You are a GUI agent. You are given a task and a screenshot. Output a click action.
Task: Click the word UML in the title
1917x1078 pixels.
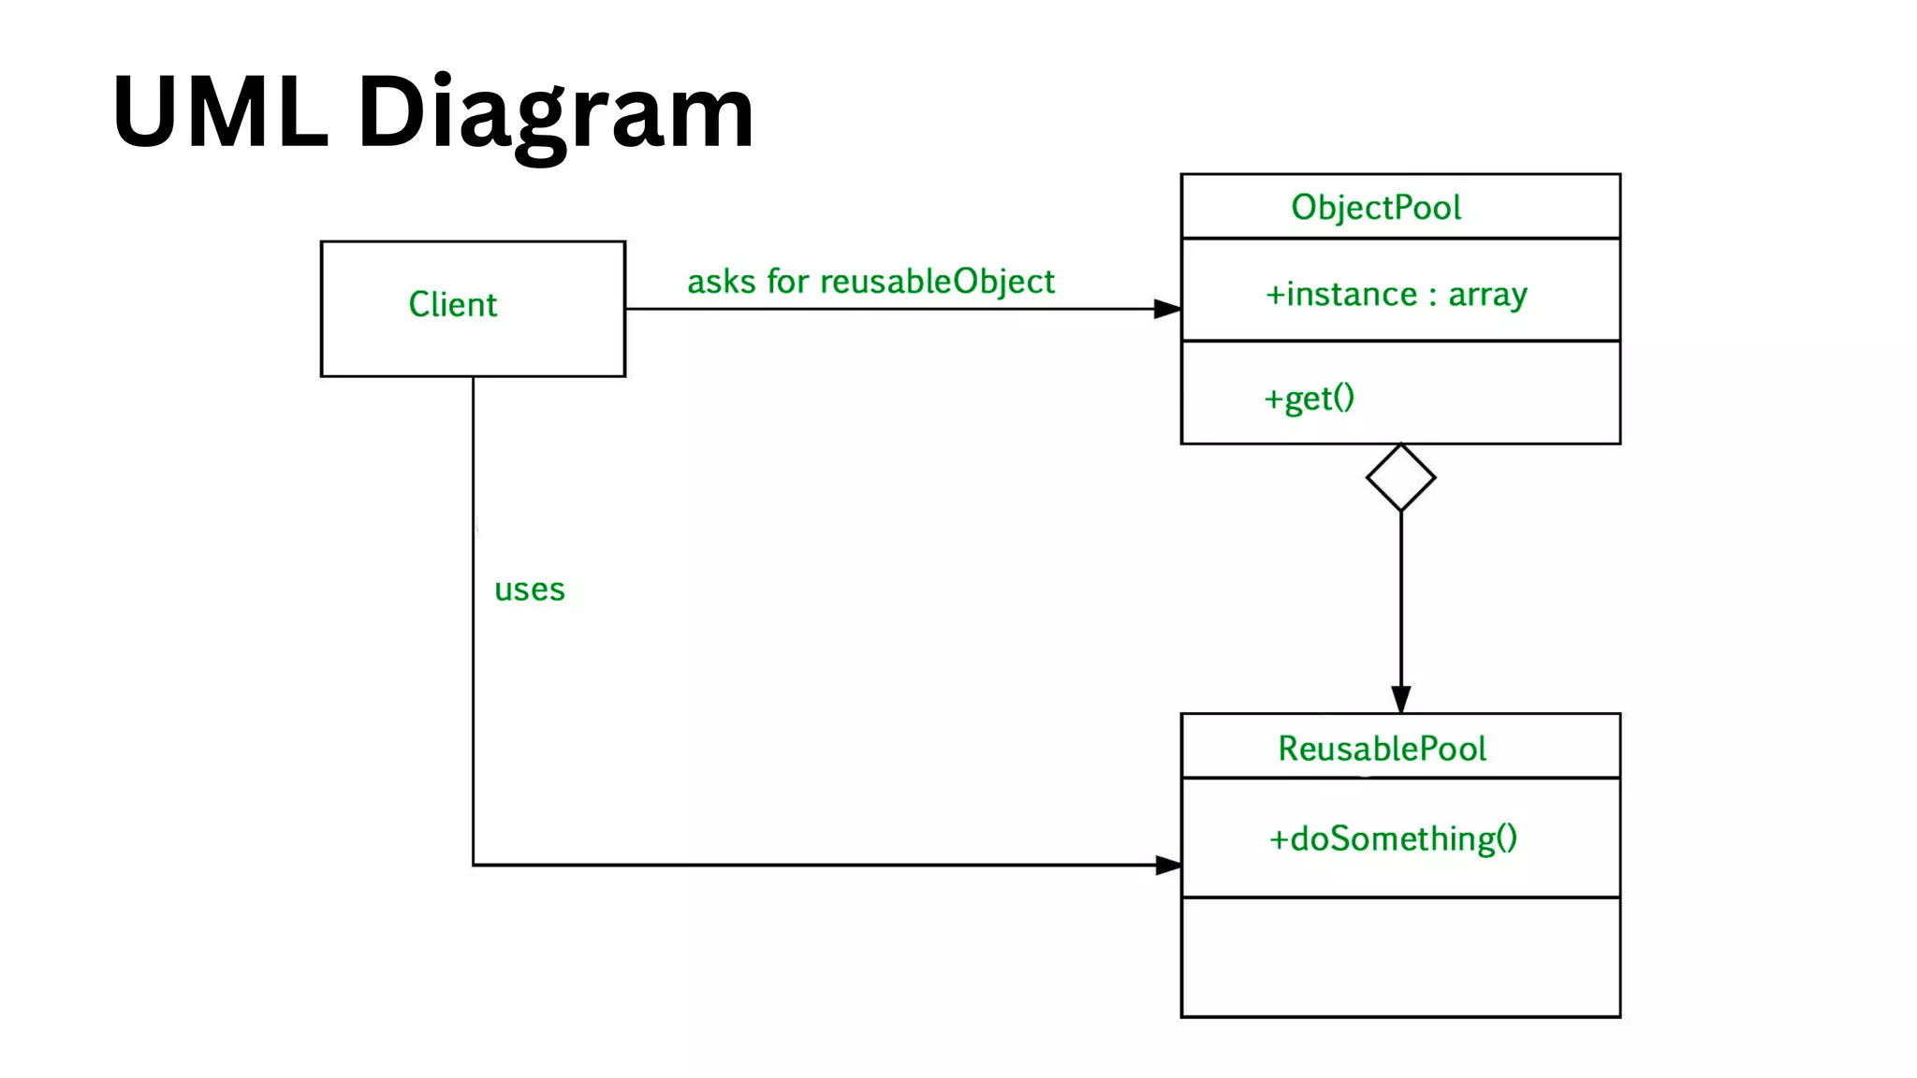(x=221, y=112)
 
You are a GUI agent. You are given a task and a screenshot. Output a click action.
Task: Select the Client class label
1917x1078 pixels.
(x=452, y=305)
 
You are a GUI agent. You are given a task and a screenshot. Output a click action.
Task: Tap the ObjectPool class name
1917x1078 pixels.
(x=1375, y=208)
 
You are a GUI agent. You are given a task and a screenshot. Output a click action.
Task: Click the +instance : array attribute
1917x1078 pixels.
(x=1396, y=295)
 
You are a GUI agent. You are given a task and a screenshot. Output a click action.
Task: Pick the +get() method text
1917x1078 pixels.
(x=1309, y=399)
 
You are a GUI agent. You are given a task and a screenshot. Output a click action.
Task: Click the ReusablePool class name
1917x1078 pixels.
(x=1382, y=749)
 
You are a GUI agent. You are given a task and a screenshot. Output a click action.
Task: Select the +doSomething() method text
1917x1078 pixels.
(x=1393, y=838)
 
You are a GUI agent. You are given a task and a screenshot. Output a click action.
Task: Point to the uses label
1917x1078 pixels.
(x=530, y=590)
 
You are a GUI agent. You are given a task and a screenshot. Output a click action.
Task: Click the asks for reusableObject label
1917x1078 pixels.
(x=871, y=282)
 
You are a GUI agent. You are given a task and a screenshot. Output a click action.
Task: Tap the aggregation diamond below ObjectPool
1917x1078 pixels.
(x=1400, y=478)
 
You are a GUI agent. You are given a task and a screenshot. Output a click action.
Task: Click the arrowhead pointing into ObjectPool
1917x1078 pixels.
(x=1167, y=309)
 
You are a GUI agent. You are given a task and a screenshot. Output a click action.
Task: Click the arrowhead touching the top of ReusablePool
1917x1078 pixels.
(x=1400, y=699)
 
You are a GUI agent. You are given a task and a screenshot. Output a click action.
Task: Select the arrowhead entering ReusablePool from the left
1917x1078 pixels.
(x=1167, y=865)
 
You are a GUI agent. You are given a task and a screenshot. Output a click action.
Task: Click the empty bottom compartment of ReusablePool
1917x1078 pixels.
(x=1400, y=956)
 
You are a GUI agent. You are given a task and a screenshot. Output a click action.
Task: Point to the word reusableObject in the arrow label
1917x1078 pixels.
(x=937, y=282)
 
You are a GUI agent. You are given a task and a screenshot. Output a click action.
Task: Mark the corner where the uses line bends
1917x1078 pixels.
(x=474, y=865)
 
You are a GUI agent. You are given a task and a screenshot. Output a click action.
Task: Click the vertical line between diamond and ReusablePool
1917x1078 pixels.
(x=1400, y=599)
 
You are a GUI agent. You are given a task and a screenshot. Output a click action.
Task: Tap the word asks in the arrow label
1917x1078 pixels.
(x=721, y=282)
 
